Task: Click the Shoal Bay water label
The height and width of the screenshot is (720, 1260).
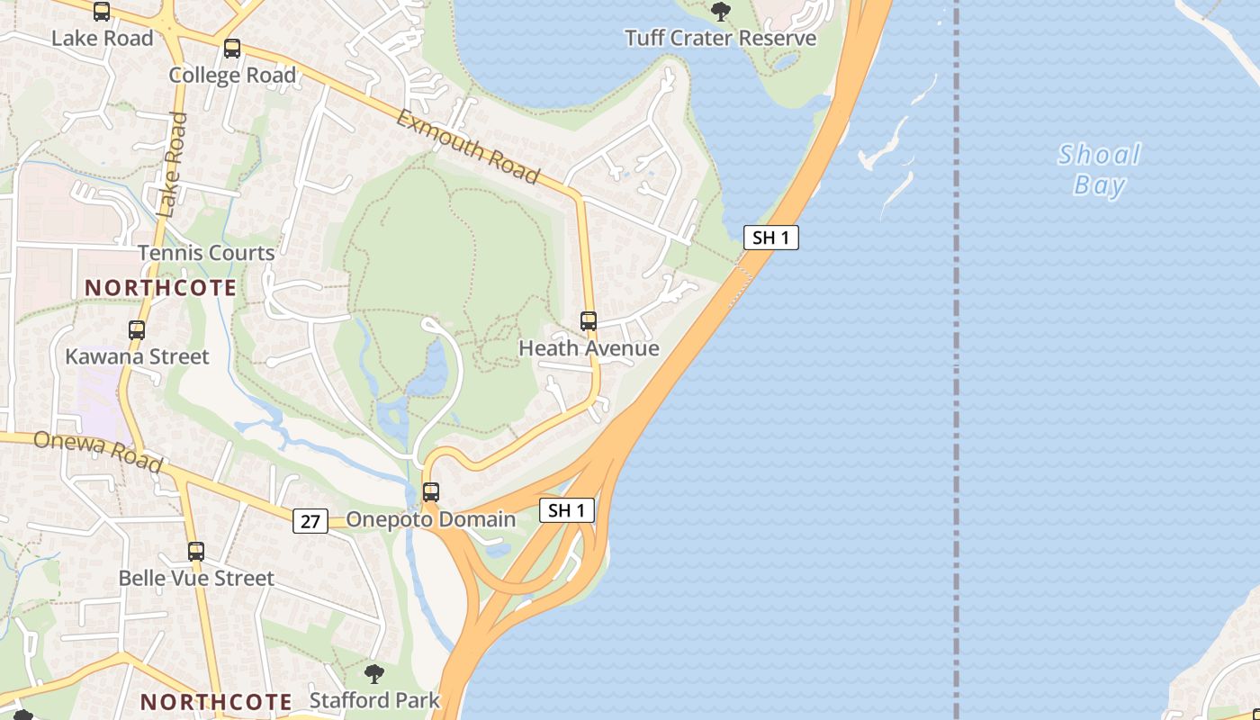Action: pos(1099,169)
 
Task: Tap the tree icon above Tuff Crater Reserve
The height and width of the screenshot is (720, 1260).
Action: pos(720,12)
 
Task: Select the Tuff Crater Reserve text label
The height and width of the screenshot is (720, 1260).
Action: pos(720,38)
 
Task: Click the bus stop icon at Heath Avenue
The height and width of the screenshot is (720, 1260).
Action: pos(589,321)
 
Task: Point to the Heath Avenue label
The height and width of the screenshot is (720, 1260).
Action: pos(589,348)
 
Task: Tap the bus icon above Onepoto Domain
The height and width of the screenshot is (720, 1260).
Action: pos(431,492)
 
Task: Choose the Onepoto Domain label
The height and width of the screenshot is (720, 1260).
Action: pos(431,519)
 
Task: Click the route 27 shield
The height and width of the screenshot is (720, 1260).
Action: pos(310,520)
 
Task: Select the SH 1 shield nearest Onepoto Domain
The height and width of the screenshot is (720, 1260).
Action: pos(567,510)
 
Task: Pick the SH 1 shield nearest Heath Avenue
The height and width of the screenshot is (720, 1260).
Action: pos(771,238)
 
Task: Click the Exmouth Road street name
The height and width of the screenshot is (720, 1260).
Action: pos(468,148)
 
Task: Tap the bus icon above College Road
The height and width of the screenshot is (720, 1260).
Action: pos(232,49)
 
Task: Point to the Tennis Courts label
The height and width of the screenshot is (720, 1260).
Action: pos(206,253)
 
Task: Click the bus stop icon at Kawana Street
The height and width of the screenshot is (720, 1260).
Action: pos(137,330)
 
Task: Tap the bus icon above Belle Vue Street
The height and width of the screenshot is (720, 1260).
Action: pos(196,552)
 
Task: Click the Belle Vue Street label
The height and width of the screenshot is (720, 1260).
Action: pos(196,578)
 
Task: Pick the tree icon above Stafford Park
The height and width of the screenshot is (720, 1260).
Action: pos(374,674)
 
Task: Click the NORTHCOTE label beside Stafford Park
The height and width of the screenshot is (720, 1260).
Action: pos(216,701)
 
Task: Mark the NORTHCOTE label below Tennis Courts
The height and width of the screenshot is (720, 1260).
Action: pos(161,288)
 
